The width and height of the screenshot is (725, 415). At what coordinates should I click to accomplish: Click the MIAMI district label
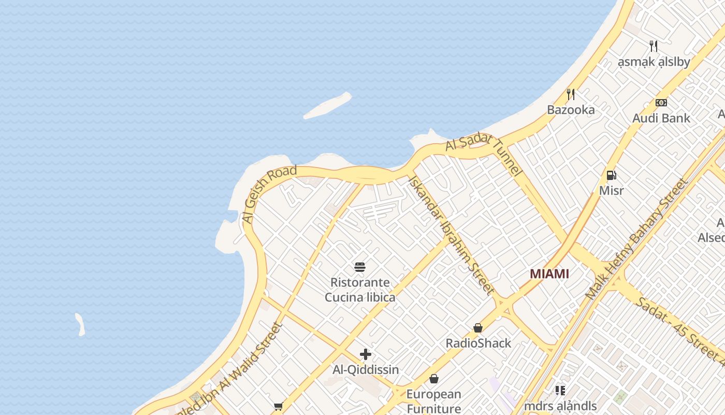pos(549,274)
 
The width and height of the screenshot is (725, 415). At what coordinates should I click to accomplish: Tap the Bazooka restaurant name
pos(571,110)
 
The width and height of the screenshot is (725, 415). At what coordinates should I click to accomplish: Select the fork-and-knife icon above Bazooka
pos(571,94)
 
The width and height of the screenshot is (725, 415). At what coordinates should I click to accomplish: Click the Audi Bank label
pos(661,118)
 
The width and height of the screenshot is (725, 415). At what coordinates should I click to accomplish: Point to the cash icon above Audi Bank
pos(661,103)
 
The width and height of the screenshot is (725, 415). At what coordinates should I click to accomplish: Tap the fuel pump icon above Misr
pos(611,175)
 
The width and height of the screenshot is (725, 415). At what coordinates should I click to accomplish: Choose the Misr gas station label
pos(611,190)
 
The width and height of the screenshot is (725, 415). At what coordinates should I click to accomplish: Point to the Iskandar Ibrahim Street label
pos(451,234)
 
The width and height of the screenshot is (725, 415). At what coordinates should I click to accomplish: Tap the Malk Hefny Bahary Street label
pos(636,239)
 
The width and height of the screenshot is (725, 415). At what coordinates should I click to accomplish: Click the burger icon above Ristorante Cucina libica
pos(360,267)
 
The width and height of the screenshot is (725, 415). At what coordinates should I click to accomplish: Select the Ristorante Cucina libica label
pos(360,290)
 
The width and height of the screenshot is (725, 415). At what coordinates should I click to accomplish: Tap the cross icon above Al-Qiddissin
pos(365,354)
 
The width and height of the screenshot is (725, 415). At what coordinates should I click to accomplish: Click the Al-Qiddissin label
pos(365,370)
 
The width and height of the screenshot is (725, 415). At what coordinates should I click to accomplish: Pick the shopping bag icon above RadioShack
pos(478,328)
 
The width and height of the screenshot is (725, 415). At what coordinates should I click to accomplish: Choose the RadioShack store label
pos(478,343)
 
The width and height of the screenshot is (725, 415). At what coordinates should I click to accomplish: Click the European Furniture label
pos(433,401)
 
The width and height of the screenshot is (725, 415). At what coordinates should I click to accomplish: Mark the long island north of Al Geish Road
pos(327,106)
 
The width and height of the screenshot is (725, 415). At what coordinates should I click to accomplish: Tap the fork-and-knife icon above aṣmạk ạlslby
pos(654,46)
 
